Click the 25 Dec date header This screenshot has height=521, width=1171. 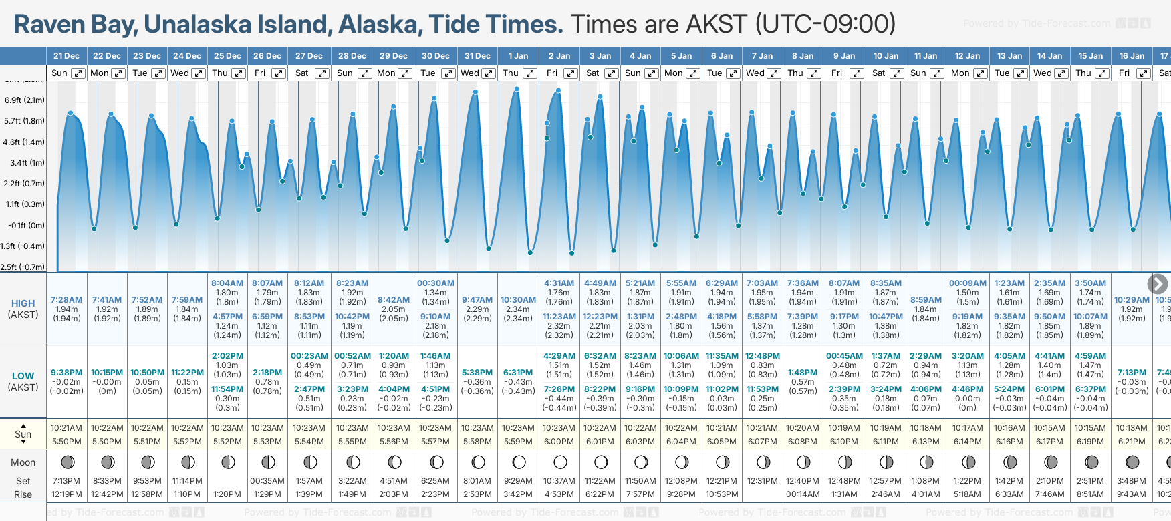click(x=227, y=56)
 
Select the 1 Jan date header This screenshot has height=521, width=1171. click(x=518, y=56)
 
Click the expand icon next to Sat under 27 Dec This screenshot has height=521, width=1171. click(x=321, y=73)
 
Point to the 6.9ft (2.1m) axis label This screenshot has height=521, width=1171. click(x=25, y=100)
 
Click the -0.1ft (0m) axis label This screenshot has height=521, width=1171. click(x=27, y=225)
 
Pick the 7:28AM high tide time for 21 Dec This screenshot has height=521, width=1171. click(x=66, y=300)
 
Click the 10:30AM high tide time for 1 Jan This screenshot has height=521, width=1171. click(x=518, y=300)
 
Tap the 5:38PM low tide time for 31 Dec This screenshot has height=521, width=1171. click(x=477, y=373)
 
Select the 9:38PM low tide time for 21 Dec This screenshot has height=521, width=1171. click(x=66, y=373)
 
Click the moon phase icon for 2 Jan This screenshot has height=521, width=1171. click(x=560, y=462)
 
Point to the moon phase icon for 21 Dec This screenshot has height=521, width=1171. click(x=67, y=462)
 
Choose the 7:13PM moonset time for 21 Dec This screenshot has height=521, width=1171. click(x=66, y=481)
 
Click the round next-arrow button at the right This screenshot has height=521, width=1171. click(x=1157, y=284)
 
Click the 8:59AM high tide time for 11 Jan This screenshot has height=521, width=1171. click(x=926, y=300)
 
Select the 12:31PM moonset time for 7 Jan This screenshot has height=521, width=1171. click(x=762, y=481)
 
